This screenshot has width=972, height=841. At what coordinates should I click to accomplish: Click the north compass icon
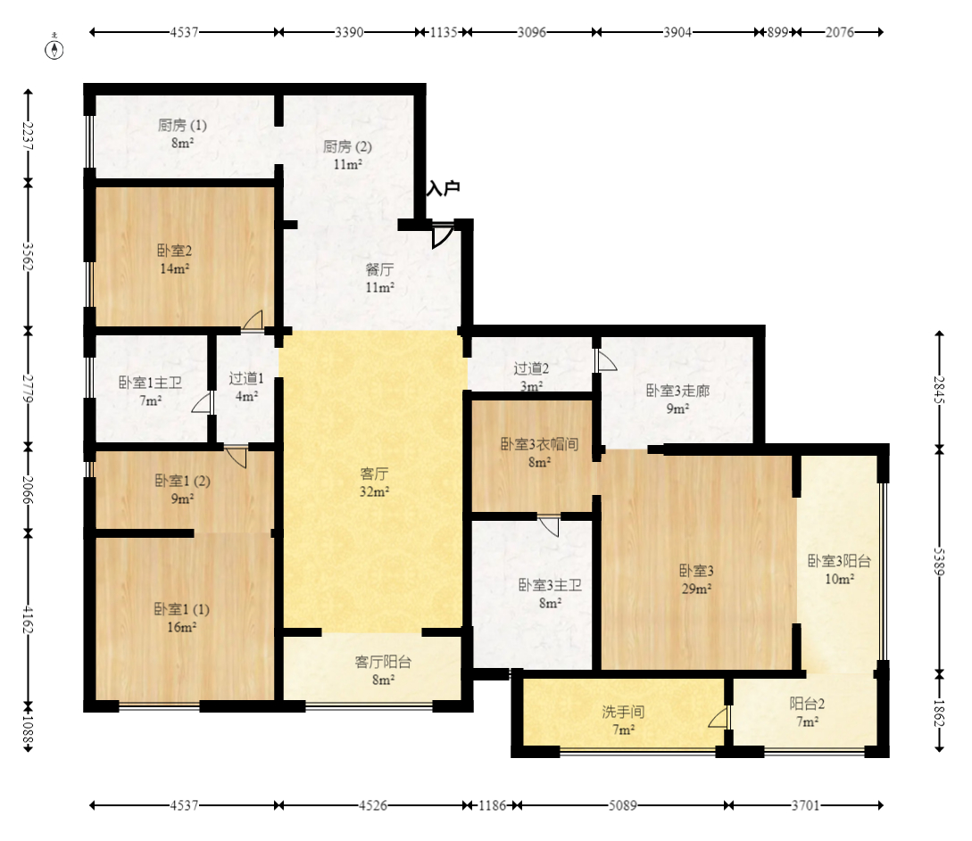(54, 48)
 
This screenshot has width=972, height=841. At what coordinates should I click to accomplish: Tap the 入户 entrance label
(444, 188)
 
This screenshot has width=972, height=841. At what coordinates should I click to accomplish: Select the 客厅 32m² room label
(374, 482)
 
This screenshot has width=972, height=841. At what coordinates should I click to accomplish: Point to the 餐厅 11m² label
(379, 278)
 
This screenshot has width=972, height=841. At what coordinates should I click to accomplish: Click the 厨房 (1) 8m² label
(181, 134)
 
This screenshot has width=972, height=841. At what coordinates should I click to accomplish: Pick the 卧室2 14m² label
(174, 260)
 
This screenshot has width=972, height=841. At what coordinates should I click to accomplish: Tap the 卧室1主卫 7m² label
(150, 392)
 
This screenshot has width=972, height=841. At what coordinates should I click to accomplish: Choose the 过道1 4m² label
(246, 387)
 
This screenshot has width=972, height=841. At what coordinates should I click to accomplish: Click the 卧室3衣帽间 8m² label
(539, 453)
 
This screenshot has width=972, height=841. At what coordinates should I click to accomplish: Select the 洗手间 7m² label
(623, 721)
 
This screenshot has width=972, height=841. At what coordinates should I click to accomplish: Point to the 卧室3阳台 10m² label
(839, 570)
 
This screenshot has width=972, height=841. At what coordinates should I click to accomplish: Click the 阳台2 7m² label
(807, 713)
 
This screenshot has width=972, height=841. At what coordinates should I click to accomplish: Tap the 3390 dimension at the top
(349, 32)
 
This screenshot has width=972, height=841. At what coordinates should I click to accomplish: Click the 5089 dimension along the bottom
(622, 805)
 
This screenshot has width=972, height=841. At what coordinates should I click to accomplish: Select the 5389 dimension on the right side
(940, 562)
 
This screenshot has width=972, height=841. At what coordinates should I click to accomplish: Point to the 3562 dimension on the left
(28, 256)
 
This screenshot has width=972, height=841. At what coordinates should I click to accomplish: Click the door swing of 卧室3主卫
(549, 526)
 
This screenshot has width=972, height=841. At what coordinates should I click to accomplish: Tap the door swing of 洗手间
(719, 718)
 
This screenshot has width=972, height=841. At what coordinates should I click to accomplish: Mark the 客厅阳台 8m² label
(383, 671)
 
